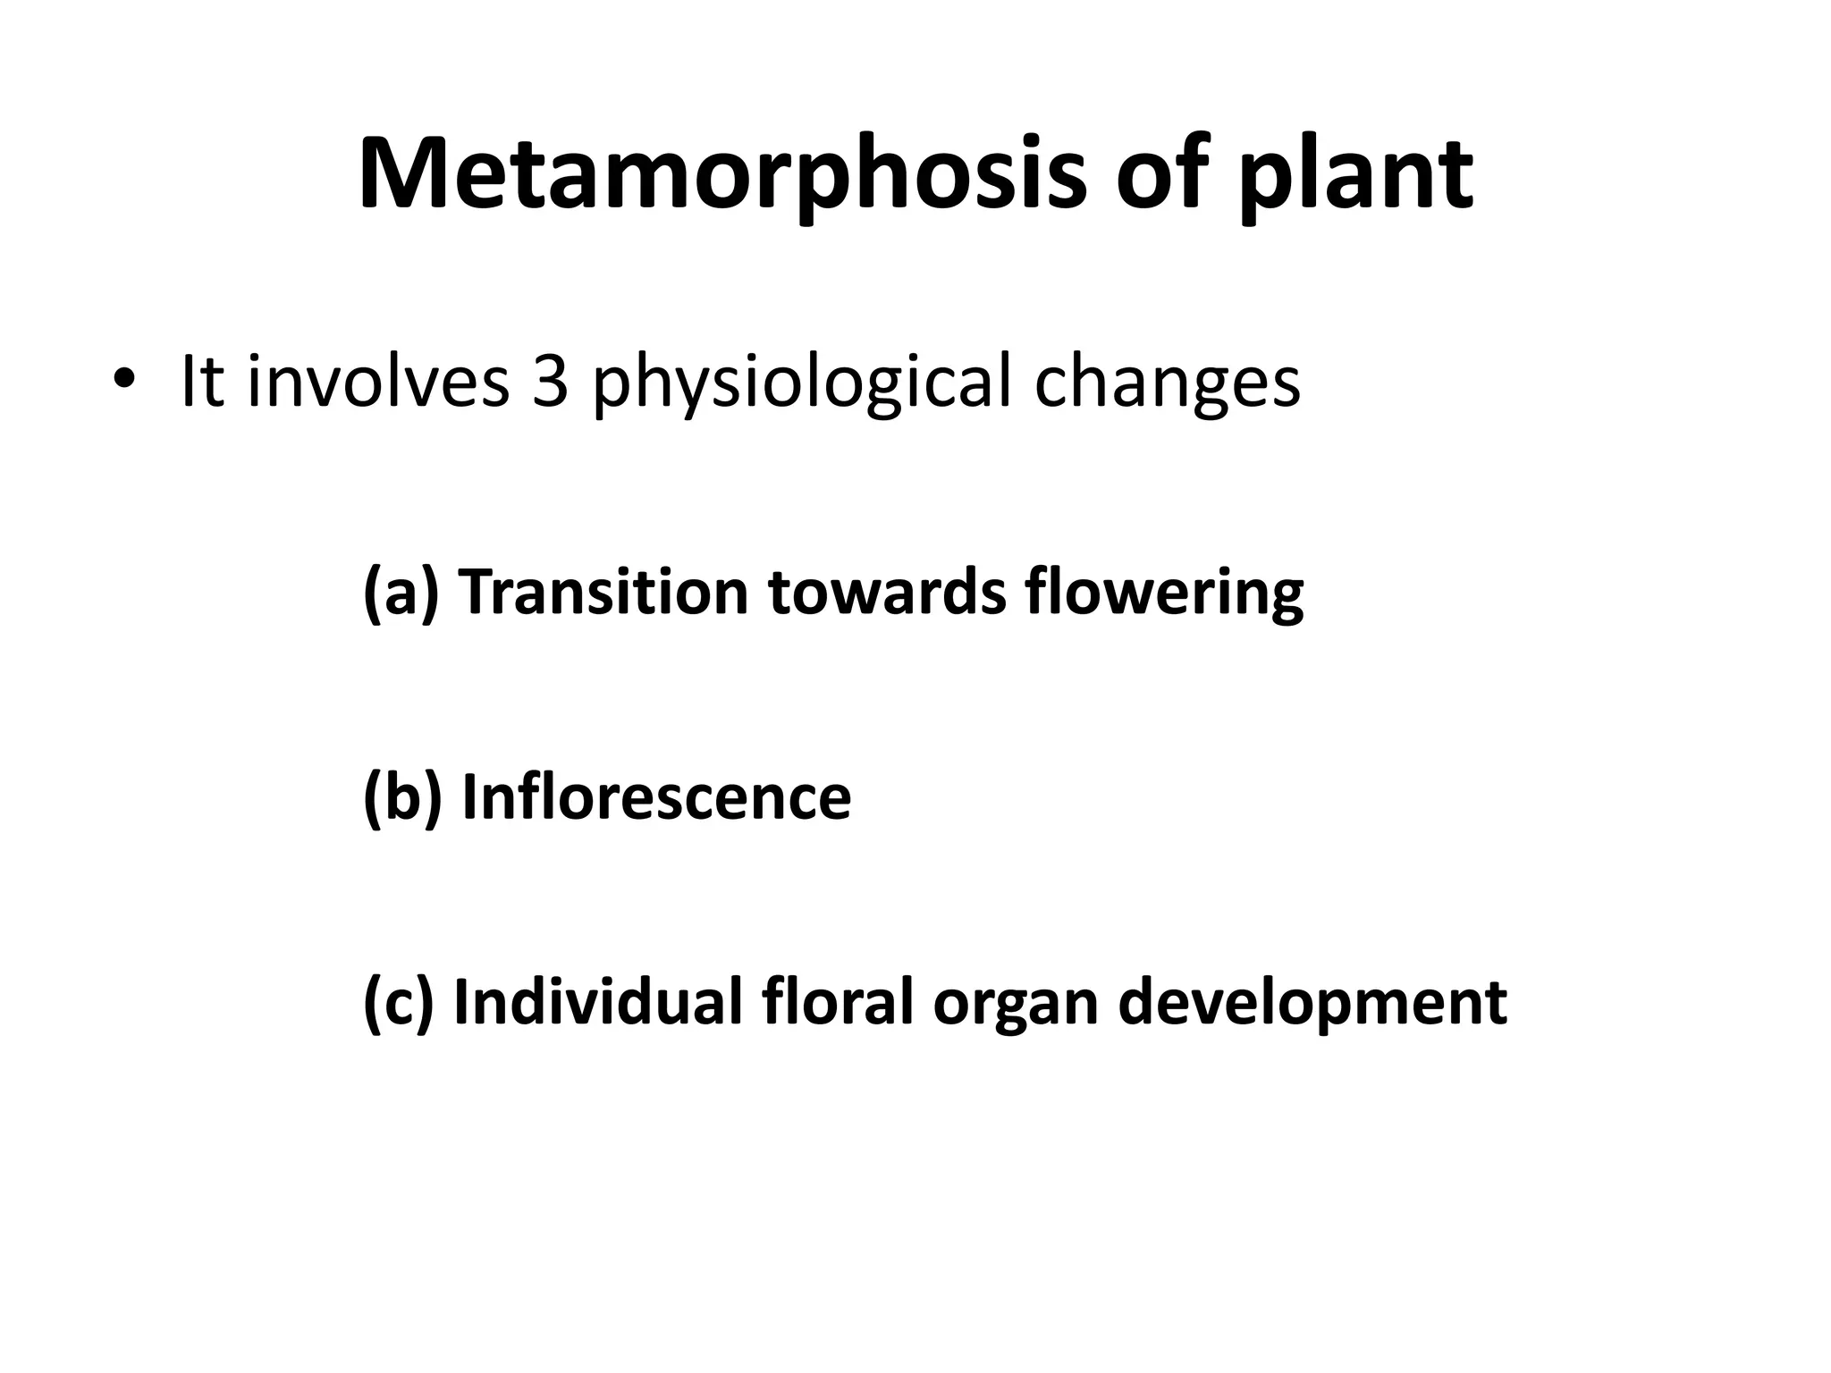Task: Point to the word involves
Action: tap(377, 382)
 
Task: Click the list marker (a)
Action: tap(401, 592)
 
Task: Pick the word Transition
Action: tap(603, 592)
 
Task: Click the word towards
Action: tap(887, 592)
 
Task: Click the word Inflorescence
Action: tap(656, 796)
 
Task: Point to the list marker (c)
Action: tap(399, 1001)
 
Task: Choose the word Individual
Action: tap(598, 1001)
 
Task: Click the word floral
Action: tap(839, 1001)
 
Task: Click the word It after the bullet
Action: tap(202, 382)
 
